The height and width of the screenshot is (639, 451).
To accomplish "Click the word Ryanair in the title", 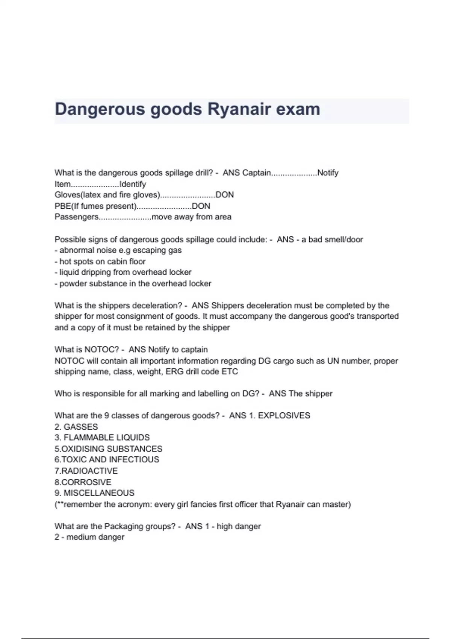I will coord(239,109).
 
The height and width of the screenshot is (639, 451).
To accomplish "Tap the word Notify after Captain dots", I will coord(328,173).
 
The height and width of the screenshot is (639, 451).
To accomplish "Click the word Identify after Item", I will coord(132,184).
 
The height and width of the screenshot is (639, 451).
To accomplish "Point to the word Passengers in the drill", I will coord(77,217).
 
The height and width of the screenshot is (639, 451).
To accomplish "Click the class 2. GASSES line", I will coord(76,427).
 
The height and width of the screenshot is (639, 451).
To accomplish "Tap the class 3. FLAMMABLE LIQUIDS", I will coord(102,438).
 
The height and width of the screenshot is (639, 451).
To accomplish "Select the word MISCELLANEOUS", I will coord(99,493).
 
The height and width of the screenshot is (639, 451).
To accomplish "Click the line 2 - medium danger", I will coord(89,537).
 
